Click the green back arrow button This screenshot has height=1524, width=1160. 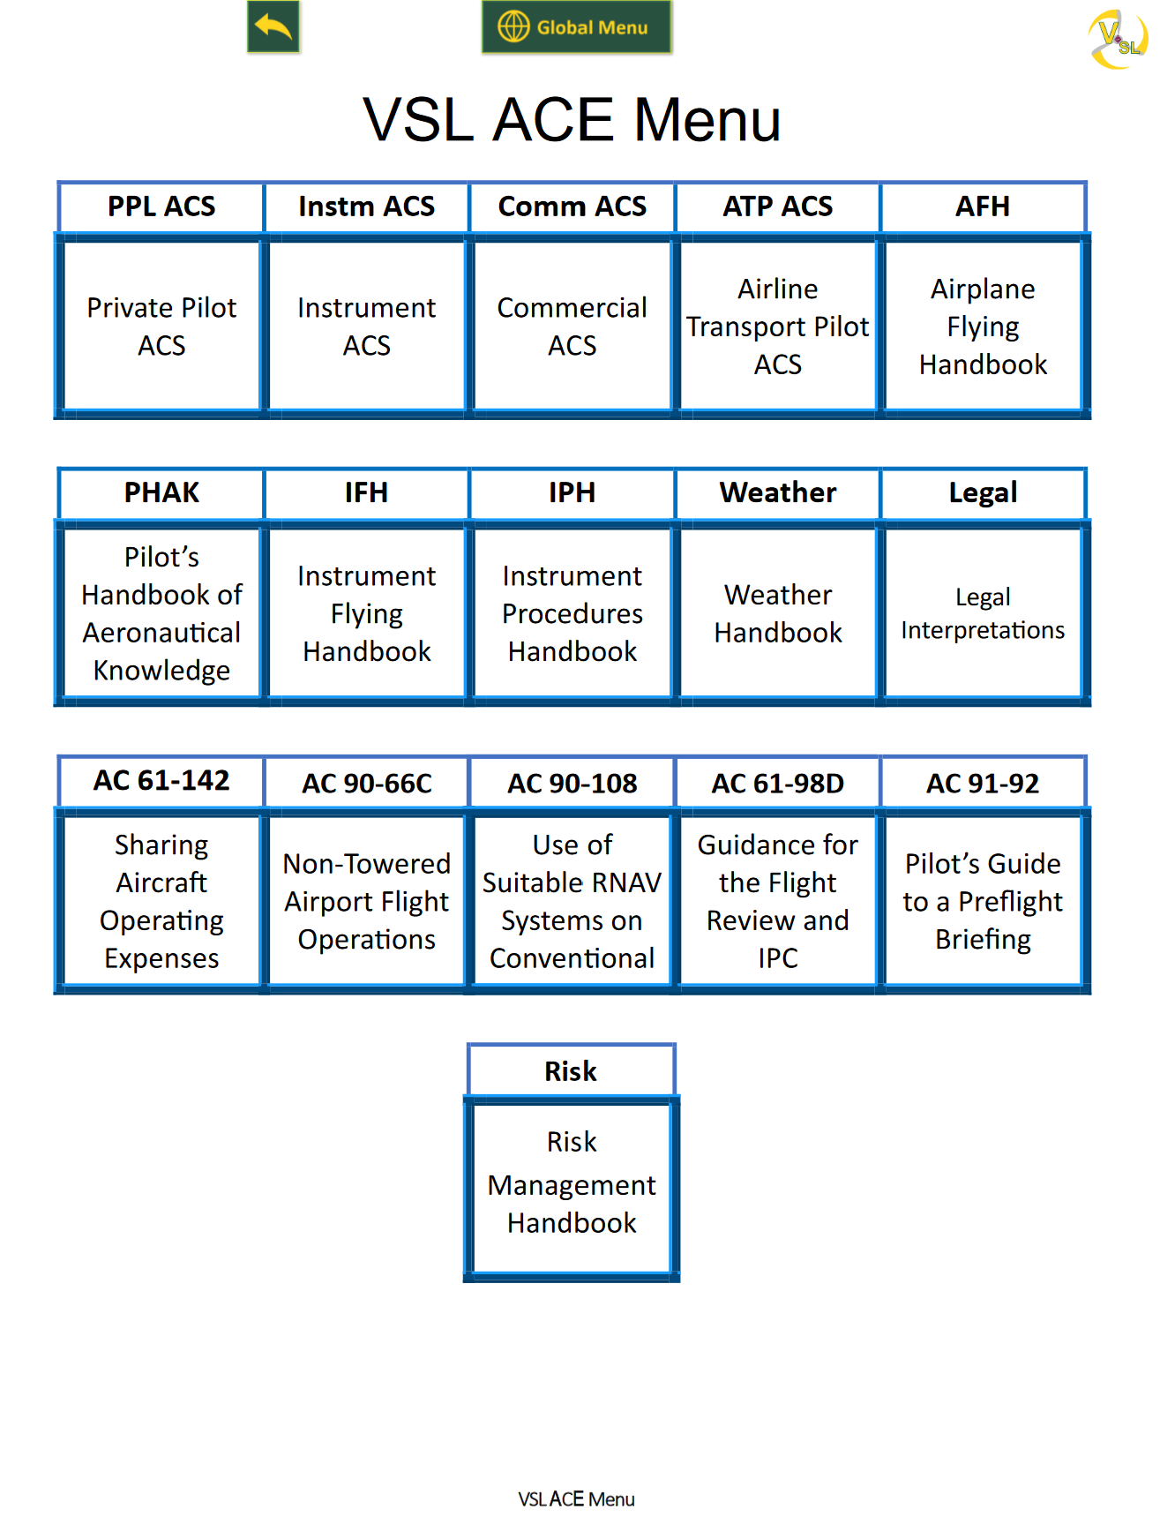pos(273,27)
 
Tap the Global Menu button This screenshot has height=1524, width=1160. pos(576,27)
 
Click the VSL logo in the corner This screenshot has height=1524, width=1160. pos(1116,39)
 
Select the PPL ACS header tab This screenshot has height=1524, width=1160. pos(161,206)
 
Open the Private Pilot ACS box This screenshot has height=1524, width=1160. pos(161,326)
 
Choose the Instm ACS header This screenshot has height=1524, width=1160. pos(366,206)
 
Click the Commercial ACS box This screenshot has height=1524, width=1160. pos(572,326)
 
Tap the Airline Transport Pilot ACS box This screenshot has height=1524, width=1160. pos(777,326)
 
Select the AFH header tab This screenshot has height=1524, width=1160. pos(983,206)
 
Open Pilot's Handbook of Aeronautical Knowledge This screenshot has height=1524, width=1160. pos(161,613)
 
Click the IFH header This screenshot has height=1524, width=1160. pos(366,492)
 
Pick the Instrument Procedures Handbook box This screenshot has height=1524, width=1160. pos(572,613)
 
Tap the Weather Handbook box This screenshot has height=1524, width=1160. pos(777,613)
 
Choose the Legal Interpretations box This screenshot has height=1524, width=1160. pos(983,613)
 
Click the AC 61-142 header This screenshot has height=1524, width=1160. pos(161,781)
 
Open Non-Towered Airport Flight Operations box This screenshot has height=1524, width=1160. pos(366,901)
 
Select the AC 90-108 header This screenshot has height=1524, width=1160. pos(572,783)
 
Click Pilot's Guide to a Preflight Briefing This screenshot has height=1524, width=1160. pos(983,901)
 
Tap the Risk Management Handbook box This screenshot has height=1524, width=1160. pos(572,1182)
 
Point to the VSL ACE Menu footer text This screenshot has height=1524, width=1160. pos(576,1498)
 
